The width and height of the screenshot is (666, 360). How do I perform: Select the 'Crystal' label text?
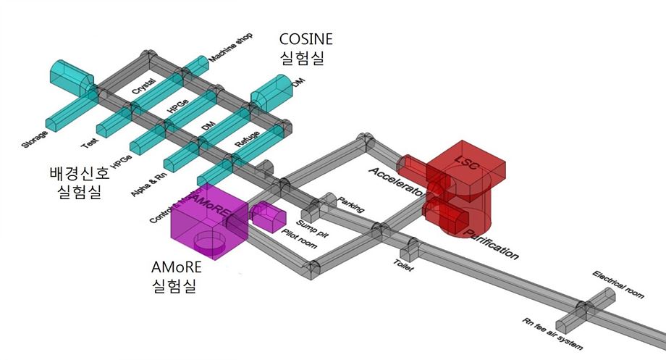(x=145, y=88)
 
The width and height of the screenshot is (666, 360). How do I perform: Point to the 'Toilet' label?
(x=403, y=266)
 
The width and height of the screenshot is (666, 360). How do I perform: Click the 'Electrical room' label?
(x=617, y=285)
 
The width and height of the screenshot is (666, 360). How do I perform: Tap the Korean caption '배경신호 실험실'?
(x=80, y=183)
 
